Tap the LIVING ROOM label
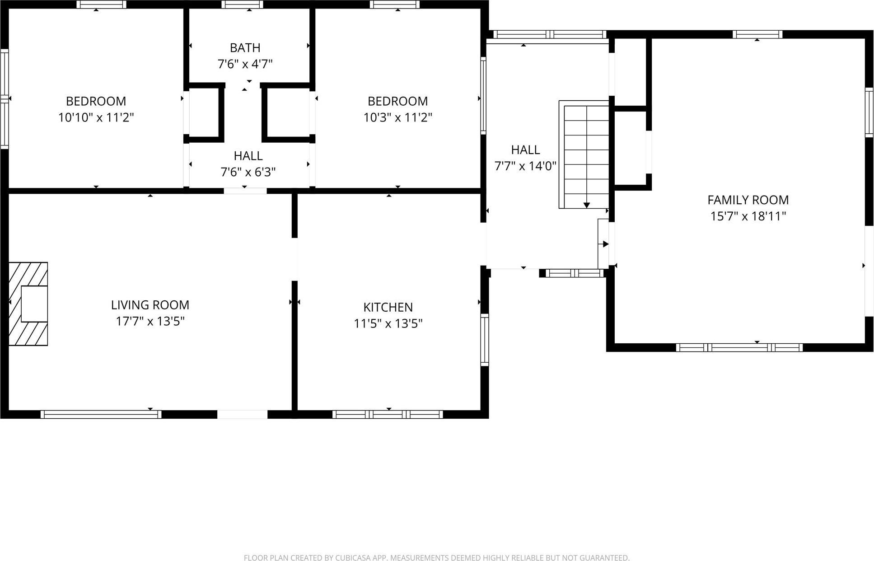[150, 305]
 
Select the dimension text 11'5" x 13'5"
[388, 323]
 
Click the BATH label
[245, 47]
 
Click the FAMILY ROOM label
[748, 200]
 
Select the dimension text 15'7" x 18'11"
[748, 216]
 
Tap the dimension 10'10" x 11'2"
[96, 117]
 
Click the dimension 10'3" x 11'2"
[397, 117]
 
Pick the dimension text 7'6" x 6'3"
[248, 172]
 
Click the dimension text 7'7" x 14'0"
[525, 166]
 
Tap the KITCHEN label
[388, 307]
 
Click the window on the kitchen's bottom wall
[388, 414]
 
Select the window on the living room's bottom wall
[101, 414]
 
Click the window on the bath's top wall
[242, 5]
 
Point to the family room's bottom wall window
[739, 347]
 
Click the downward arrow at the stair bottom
[586, 205]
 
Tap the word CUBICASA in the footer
[352, 558]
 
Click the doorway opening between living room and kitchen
[294, 259]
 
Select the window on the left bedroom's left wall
[4, 98]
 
